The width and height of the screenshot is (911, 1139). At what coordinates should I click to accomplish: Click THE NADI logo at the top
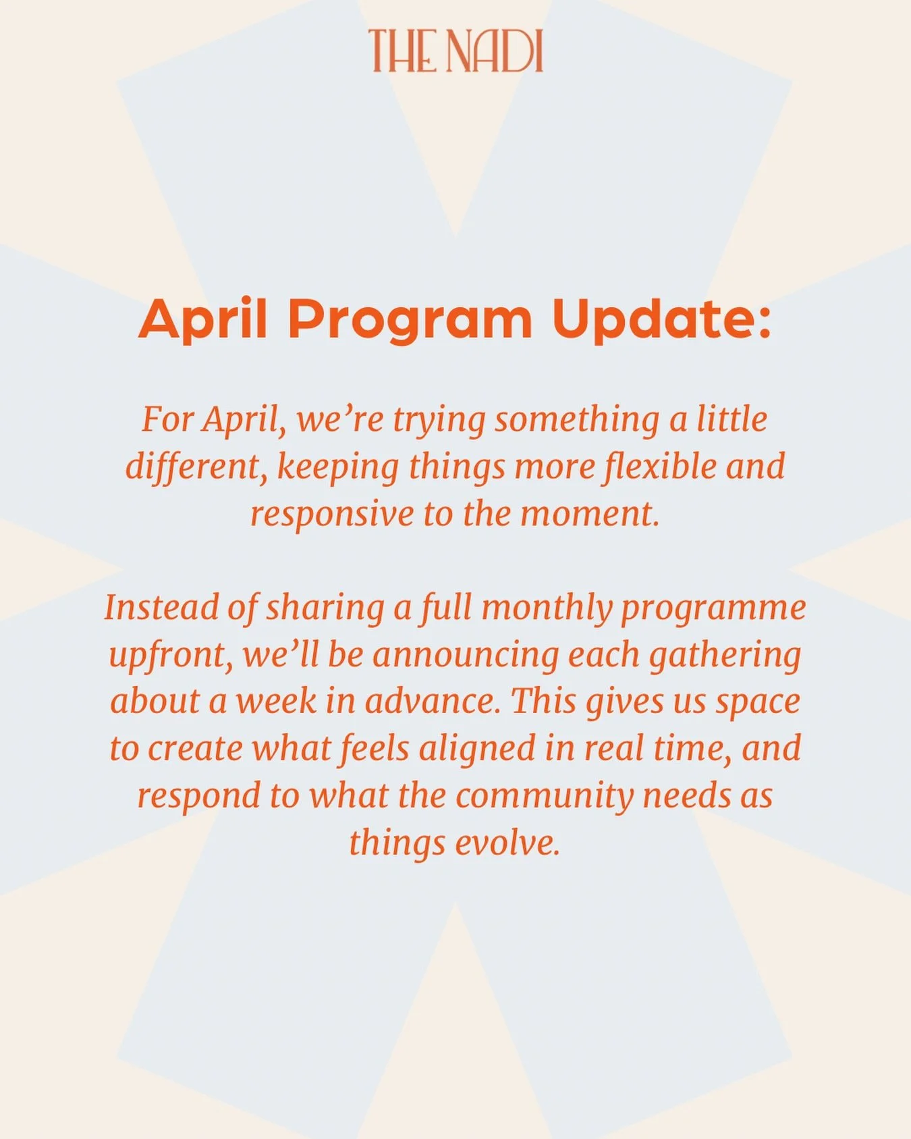[x=456, y=51]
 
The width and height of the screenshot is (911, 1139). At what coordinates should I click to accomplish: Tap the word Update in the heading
[x=661, y=319]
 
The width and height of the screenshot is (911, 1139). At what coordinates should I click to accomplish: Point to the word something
[x=576, y=419]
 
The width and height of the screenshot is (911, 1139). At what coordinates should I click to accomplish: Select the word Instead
[x=161, y=608]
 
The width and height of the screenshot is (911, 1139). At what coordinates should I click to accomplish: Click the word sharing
[x=325, y=608]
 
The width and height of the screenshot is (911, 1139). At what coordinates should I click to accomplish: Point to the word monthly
[x=546, y=608]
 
